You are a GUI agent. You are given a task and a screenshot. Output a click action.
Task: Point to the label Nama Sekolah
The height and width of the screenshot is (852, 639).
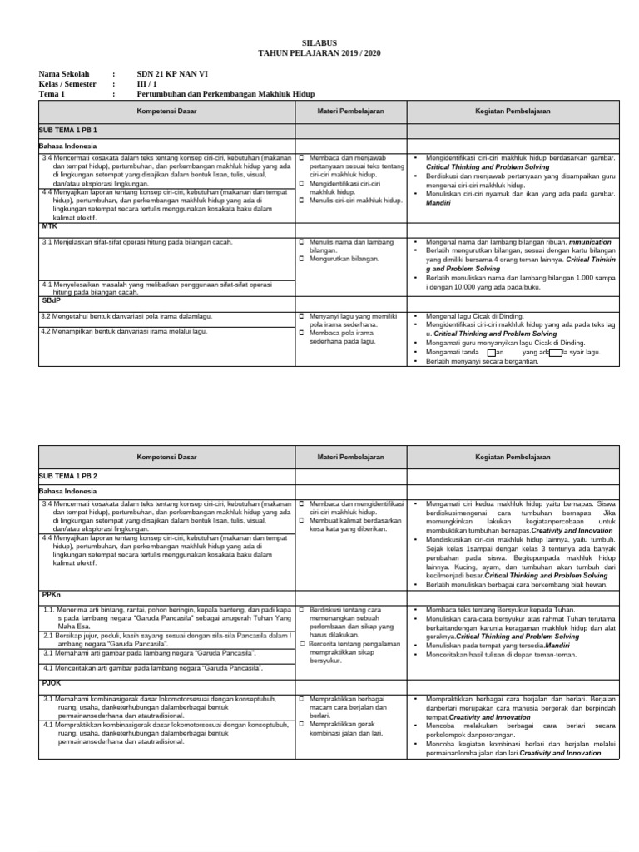coord(63,74)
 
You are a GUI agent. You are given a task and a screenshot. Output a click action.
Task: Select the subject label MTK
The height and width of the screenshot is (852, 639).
coord(49,225)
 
